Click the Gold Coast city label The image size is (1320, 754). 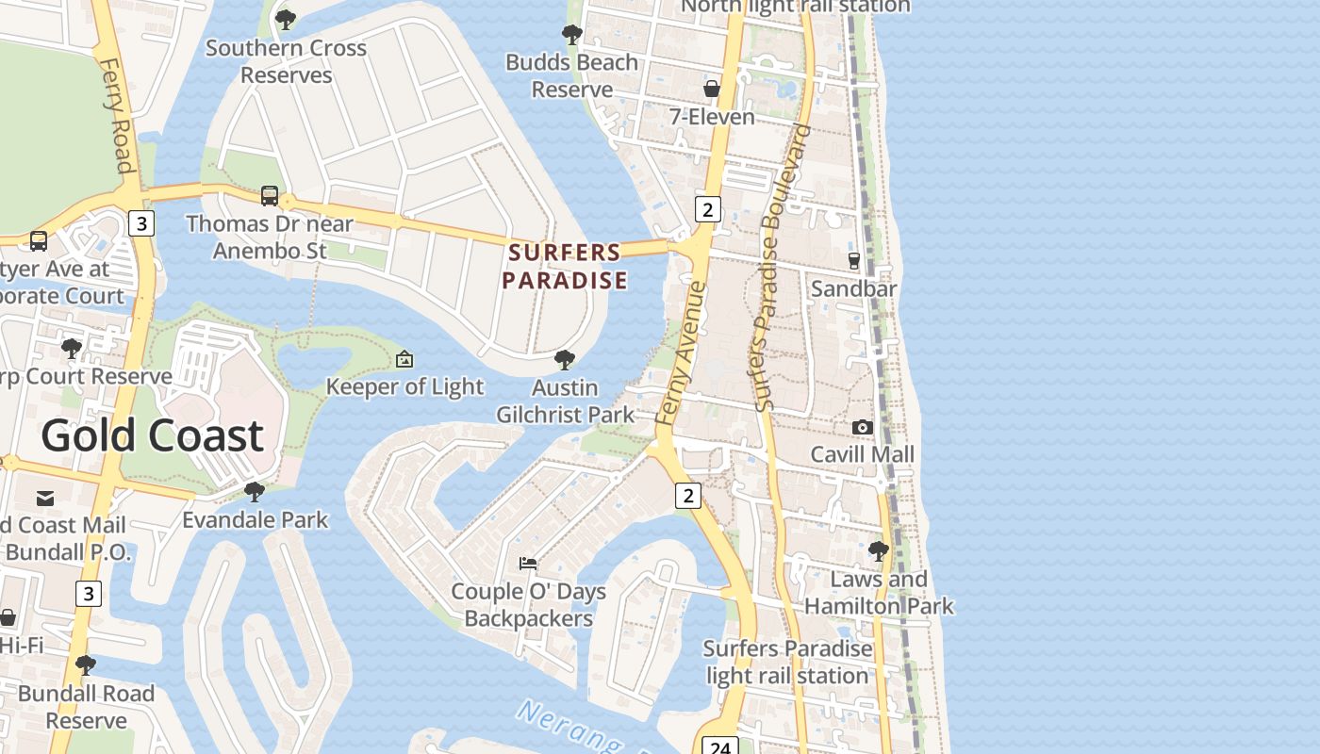coord(152,436)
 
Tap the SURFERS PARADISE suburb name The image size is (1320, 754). coord(564,267)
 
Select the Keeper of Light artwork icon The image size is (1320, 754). coord(404,359)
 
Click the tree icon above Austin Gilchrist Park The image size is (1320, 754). coord(565,359)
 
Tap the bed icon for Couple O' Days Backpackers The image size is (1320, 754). coord(528,564)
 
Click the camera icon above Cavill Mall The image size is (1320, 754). coord(862,427)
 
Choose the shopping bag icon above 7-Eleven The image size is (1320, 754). coord(712,89)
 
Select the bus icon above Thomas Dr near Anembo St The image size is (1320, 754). coord(270,196)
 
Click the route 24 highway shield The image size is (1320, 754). coord(719,746)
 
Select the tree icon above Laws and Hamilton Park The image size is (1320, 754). coord(879,550)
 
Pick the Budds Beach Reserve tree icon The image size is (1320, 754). coord(571,36)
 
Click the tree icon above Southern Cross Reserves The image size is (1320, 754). coord(285,20)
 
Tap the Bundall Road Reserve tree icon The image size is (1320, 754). coord(86,665)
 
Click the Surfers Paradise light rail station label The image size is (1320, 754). coord(787,663)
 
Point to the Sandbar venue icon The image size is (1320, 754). coord(854,261)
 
